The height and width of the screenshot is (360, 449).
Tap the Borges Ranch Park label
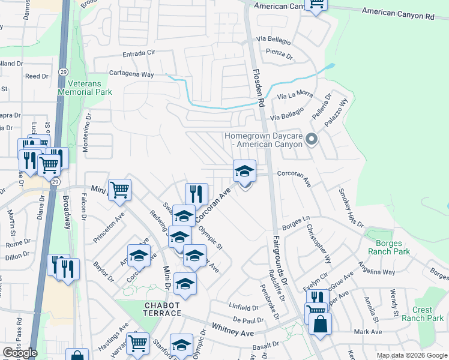393,247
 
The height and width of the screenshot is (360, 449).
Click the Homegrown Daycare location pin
311,140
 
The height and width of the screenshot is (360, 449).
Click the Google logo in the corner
20,353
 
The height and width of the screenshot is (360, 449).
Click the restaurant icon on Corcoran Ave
196,194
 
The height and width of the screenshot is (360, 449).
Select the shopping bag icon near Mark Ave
320,324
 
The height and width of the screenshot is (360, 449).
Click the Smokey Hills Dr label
351,207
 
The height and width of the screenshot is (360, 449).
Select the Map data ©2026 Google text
412,355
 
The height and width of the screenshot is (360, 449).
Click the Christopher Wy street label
319,244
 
